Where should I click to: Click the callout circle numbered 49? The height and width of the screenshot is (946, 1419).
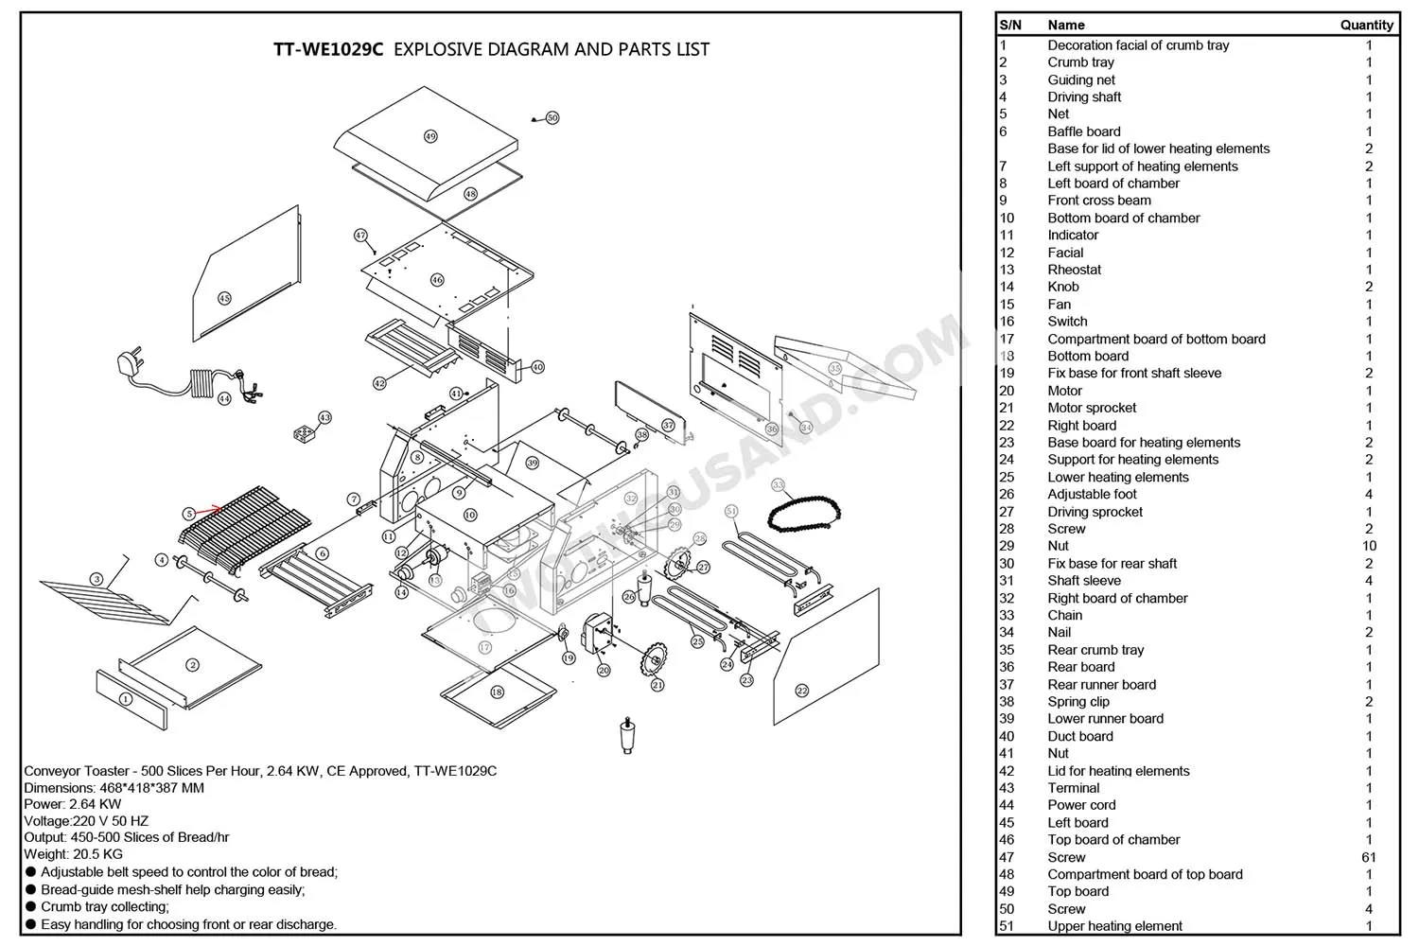[x=430, y=136]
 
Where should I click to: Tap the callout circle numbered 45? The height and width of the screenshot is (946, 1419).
[x=224, y=298]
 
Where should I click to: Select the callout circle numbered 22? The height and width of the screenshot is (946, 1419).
[x=802, y=691]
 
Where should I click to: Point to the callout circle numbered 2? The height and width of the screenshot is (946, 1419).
[x=193, y=665]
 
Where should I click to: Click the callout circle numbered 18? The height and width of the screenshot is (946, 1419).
[x=497, y=692]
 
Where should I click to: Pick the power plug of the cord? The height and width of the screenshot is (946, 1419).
[x=127, y=363]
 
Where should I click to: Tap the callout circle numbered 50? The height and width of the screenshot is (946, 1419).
[x=552, y=118]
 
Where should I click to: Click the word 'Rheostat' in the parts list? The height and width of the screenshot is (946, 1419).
[x=1074, y=270]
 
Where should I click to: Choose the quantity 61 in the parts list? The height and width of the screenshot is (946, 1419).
[x=1368, y=857]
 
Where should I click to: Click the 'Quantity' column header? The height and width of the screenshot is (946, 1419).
[x=1366, y=26]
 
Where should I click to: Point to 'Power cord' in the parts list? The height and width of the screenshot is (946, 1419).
[x=1081, y=805]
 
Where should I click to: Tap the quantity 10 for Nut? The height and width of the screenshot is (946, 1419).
[x=1368, y=546]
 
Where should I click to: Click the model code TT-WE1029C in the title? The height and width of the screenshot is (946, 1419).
[x=328, y=49]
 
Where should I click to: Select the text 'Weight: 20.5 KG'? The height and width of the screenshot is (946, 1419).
[x=73, y=854]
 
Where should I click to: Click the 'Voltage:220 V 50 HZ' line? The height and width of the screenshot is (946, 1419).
[x=86, y=821]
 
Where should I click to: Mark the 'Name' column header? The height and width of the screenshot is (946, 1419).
[x=1065, y=26]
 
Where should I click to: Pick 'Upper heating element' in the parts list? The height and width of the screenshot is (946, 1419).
[x=1114, y=926]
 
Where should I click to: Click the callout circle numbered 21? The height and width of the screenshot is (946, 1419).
[x=657, y=685]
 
